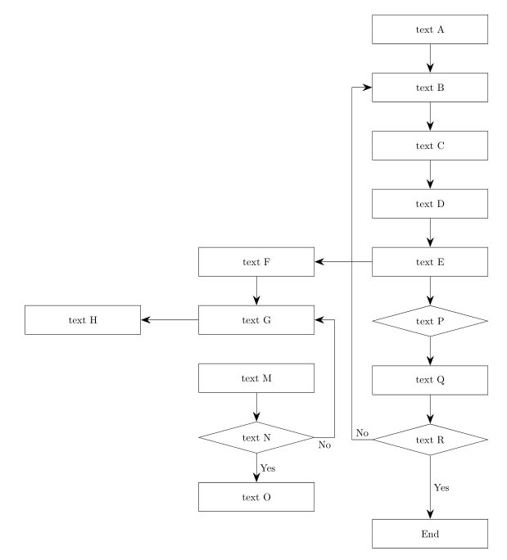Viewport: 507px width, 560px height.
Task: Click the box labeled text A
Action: click(430, 29)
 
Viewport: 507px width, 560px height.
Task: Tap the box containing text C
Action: click(430, 146)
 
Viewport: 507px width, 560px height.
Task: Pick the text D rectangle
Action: click(430, 204)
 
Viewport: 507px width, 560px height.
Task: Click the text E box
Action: click(430, 263)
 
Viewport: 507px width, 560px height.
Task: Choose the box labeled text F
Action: click(256, 263)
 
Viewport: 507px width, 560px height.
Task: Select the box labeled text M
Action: click(256, 379)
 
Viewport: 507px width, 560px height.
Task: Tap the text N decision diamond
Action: click(256, 437)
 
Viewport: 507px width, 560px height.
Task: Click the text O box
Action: click(256, 496)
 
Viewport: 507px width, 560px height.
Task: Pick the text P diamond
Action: click(430, 321)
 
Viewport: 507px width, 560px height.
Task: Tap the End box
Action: click(430, 533)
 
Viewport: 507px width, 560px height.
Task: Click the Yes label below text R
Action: click(441, 487)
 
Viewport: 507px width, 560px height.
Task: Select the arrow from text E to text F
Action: click(343, 263)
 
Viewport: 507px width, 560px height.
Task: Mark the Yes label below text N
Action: click(268, 467)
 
